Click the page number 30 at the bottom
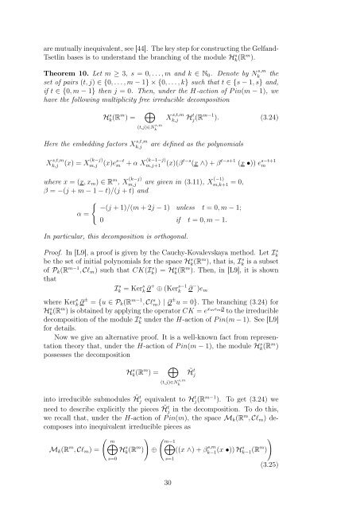point(180,488)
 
